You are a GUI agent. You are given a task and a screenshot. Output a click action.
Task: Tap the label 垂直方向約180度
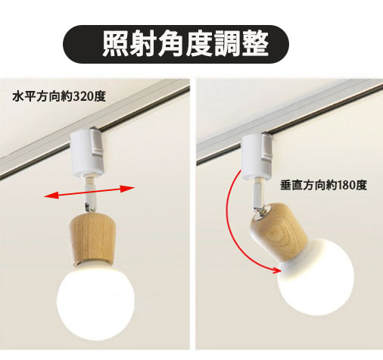click(x=323, y=184)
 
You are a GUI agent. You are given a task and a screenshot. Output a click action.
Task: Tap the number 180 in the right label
click(x=347, y=184)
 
